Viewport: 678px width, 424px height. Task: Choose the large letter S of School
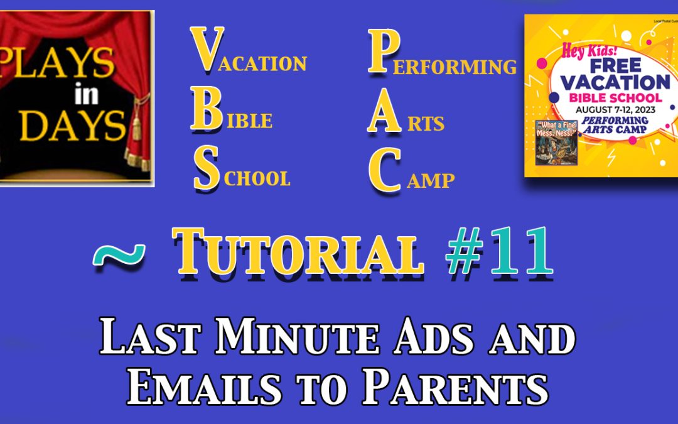point(206,170)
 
